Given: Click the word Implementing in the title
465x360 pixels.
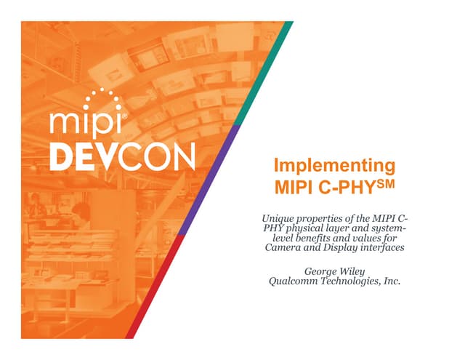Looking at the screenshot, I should click(334, 164).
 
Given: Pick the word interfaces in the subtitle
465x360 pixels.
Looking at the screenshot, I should click(381, 249).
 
